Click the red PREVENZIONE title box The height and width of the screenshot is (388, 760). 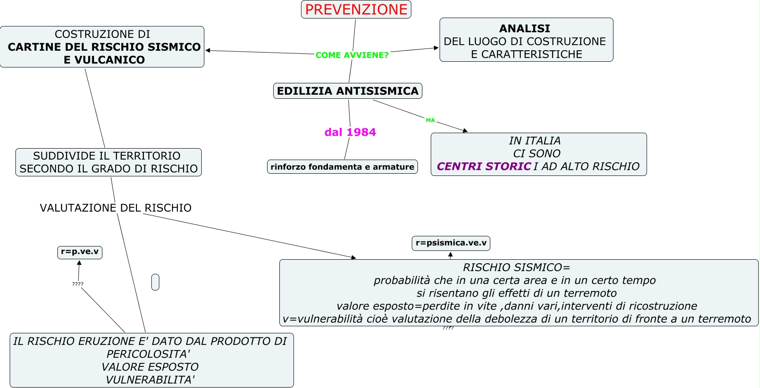coord(356,9)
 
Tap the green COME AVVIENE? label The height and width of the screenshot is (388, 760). coord(352,55)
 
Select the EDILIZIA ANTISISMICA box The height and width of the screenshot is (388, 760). coord(348,91)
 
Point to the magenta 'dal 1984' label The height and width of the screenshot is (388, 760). coord(350,132)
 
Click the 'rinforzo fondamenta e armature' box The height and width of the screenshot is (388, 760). coord(342,167)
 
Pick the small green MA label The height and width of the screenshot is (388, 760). coord(430,120)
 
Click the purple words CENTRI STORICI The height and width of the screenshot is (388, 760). coord(484,166)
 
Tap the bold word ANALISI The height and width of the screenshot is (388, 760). coord(525,29)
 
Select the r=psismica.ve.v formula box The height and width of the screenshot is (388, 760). coord(451,243)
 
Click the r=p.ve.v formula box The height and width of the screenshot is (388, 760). coord(80,252)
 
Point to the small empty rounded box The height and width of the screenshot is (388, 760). coord(155,282)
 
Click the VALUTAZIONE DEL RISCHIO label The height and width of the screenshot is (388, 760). coord(116,208)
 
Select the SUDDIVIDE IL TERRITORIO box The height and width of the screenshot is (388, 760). coord(109,162)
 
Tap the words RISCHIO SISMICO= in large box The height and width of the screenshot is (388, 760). coord(516,267)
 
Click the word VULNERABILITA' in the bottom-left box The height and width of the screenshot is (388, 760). coord(150,380)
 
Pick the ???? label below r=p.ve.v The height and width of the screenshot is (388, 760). coord(78,284)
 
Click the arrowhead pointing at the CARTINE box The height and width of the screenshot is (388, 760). coord(208,50)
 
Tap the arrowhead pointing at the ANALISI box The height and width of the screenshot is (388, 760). coord(436,48)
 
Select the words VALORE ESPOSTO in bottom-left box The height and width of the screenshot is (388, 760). coord(150,367)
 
